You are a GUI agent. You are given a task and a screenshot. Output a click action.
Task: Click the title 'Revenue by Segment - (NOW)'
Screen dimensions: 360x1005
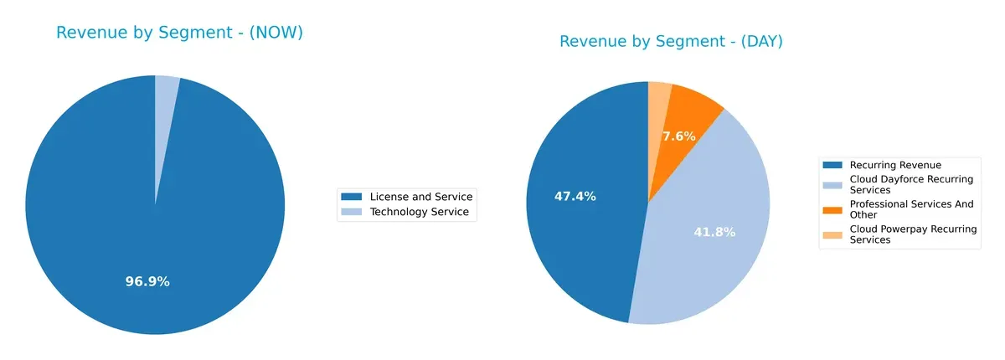tap(179, 33)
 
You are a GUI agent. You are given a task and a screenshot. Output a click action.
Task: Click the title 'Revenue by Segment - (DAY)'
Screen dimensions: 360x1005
tap(671, 41)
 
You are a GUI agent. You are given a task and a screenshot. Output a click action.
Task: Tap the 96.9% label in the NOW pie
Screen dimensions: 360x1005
tap(147, 281)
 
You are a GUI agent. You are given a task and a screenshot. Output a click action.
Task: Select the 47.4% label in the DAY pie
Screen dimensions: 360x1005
tap(575, 196)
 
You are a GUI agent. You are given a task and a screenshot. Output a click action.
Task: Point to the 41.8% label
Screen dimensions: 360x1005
tap(714, 232)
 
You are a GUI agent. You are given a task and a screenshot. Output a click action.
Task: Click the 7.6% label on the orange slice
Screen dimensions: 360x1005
tap(678, 136)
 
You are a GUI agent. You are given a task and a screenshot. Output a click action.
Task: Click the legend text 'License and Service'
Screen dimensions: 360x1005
tap(421, 197)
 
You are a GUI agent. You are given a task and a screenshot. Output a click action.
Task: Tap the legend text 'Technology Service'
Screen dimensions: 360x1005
tap(419, 213)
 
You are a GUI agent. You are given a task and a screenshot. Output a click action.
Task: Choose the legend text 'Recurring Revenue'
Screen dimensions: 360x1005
tap(895, 165)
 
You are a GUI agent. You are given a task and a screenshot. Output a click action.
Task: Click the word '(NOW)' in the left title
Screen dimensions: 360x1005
tap(276, 33)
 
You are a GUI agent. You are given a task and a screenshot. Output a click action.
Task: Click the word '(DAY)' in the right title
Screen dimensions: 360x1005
tap(756, 41)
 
